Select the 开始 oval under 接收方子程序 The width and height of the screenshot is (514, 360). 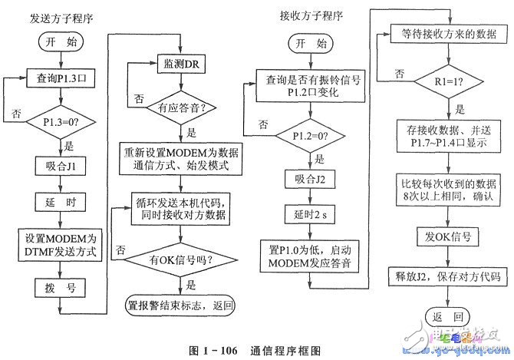click(x=312, y=45)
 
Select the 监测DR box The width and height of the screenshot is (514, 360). click(x=179, y=63)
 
